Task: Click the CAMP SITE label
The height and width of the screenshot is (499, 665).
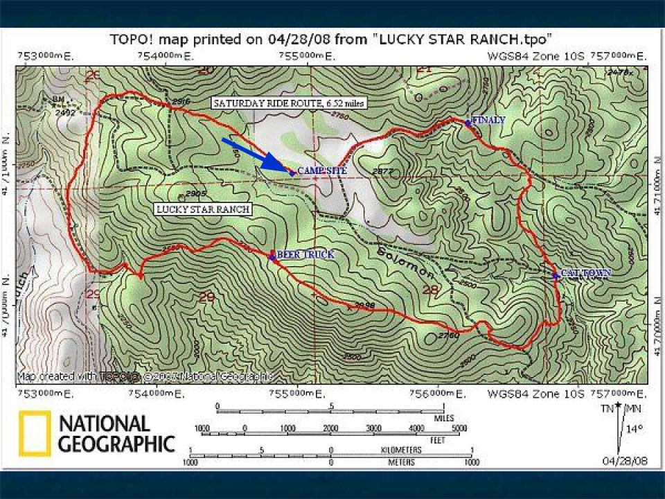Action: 322,170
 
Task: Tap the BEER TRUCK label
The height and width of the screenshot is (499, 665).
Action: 305,254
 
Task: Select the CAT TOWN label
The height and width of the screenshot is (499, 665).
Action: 586,273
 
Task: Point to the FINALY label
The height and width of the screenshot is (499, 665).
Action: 488,120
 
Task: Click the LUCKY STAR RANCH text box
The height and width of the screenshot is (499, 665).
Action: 202,209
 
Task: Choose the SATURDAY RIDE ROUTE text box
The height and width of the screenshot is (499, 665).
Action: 289,103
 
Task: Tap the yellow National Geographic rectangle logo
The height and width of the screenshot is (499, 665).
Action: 35,434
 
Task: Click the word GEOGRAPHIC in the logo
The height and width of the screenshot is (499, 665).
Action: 116,444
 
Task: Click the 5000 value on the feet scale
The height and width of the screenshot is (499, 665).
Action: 459,428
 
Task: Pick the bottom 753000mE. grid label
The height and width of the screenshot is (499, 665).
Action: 45,394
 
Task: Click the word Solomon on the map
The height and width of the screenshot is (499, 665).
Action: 397,262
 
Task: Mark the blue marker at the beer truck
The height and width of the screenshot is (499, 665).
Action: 272,256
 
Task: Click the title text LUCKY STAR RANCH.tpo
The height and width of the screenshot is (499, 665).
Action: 463,38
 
